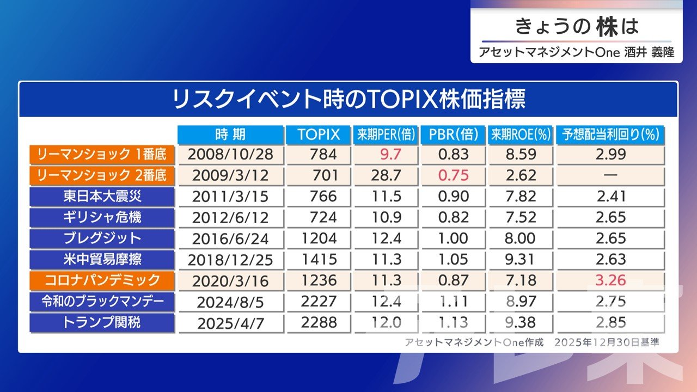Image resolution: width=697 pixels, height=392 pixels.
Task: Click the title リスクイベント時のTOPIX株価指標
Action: coord(348,100)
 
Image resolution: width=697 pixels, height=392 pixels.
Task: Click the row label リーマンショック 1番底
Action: coord(102,154)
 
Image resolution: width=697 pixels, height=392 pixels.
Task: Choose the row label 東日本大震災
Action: coord(102,196)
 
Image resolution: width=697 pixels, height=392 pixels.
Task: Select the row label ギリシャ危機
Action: coord(102,217)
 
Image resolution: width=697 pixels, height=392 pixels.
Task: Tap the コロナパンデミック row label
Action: coord(102,280)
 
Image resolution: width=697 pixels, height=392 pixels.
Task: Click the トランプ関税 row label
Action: coord(102,322)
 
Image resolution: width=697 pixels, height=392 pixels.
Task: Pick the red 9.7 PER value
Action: coord(390,155)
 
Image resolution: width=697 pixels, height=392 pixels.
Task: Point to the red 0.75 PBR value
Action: coord(453,175)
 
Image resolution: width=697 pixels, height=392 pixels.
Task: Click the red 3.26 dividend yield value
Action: coord(610,280)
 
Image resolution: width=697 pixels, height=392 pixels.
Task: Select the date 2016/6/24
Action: coord(230,238)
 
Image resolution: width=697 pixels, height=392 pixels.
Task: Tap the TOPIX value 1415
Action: coord(323,259)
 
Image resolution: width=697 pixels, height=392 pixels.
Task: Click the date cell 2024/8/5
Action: coord(230,302)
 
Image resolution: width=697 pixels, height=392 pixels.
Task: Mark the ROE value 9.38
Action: coord(519,322)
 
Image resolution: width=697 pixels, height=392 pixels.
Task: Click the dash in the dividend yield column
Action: coord(610,175)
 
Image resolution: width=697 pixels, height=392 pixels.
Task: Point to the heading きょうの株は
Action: coord(576,26)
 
